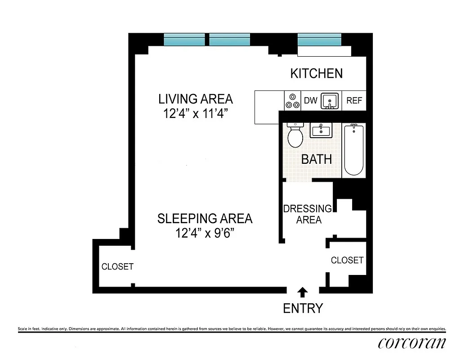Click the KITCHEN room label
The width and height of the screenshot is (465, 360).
pos(316,73)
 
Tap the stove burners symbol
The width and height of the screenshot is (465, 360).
pos(292,101)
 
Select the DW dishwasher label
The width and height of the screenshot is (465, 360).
pos(310,101)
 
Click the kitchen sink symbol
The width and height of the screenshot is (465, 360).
pos(331,101)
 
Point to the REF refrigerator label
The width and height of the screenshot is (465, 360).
pos(354,101)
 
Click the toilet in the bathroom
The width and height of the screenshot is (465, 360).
pos(295,135)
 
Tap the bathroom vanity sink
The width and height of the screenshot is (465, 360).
pos(320,130)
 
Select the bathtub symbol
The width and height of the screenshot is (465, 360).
pos(353,150)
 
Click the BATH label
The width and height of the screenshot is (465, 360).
pos(316,159)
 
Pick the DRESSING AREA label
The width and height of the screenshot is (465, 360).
pos(308,214)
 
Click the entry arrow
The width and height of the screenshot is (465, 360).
pos(303,292)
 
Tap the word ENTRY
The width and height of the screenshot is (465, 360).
pos(303,308)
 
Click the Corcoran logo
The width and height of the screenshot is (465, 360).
pos(412,343)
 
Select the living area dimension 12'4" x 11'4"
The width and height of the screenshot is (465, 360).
pos(196,114)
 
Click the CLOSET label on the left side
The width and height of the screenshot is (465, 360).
pos(117,266)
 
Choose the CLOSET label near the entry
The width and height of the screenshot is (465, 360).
pos(347,260)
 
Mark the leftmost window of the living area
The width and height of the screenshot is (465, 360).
pos(184,40)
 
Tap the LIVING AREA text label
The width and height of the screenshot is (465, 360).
pos(196,99)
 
